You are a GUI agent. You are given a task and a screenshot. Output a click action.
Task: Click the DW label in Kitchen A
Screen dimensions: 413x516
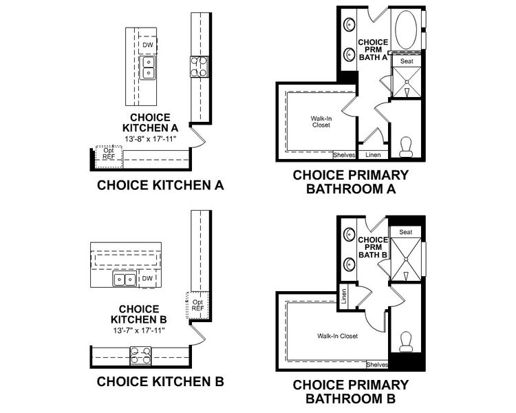(147, 45)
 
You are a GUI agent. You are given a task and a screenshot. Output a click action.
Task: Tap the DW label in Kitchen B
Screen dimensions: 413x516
(147, 279)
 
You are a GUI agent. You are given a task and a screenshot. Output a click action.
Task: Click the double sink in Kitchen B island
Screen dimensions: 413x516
(125, 279)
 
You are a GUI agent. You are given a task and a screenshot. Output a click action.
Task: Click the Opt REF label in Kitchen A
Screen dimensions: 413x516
(109, 153)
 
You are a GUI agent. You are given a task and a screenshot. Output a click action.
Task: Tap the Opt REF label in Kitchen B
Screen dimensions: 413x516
(197, 304)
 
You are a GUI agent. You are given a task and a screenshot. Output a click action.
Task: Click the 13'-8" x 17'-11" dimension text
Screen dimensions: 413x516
(151, 139)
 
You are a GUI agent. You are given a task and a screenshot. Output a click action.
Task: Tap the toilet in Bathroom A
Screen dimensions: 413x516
(406, 145)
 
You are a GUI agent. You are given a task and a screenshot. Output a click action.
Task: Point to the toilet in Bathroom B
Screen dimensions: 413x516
(406, 340)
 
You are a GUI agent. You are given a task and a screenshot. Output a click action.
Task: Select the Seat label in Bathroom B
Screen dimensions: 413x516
(406, 232)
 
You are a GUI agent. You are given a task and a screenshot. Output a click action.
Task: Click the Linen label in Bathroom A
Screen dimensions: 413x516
(373, 155)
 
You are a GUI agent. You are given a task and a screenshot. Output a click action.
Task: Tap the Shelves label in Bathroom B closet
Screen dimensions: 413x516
(377, 365)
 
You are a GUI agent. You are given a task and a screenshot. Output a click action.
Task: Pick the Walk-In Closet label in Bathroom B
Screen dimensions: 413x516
(337, 337)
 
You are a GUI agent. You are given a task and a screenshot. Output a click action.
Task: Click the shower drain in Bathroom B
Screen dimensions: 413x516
(405, 260)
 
